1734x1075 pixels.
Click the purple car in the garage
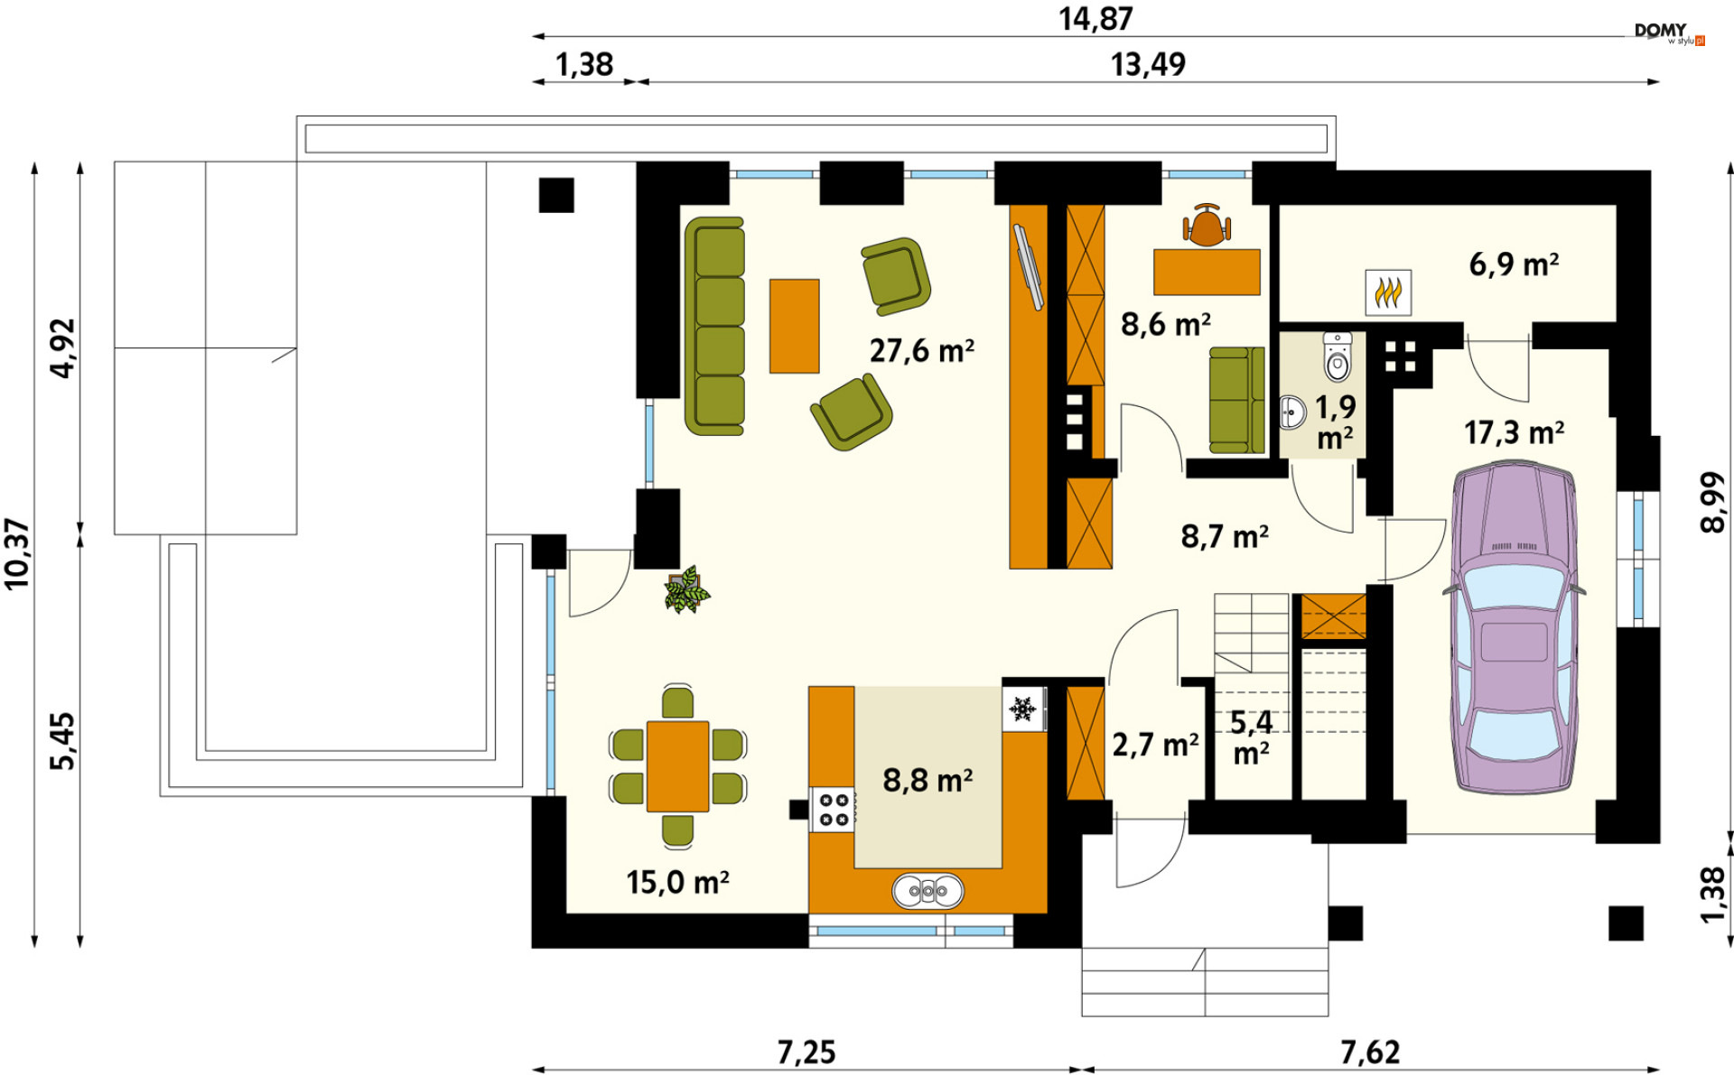point(1514,628)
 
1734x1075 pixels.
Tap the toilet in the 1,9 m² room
point(1338,357)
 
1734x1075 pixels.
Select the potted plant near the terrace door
point(686,590)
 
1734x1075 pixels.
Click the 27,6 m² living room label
point(922,350)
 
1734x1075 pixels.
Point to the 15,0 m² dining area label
point(677,882)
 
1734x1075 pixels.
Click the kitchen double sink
point(928,891)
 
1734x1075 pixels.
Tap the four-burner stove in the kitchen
point(833,809)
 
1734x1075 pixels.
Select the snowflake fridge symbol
point(1023,709)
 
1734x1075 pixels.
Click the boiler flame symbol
point(1388,292)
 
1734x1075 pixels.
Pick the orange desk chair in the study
point(1207,226)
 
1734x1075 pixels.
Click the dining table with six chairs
point(677,766)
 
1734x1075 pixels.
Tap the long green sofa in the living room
point(714,326)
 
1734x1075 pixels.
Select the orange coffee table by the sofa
point(794,326)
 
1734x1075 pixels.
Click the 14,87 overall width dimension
point(1095,19)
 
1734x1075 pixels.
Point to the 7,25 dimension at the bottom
point(806,1052)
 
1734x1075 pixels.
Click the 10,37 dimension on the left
point(17,554)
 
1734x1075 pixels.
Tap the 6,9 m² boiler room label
point(1514,264)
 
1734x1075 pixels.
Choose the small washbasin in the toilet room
point(1293,412)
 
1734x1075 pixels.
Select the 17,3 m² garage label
point(1514,433)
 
